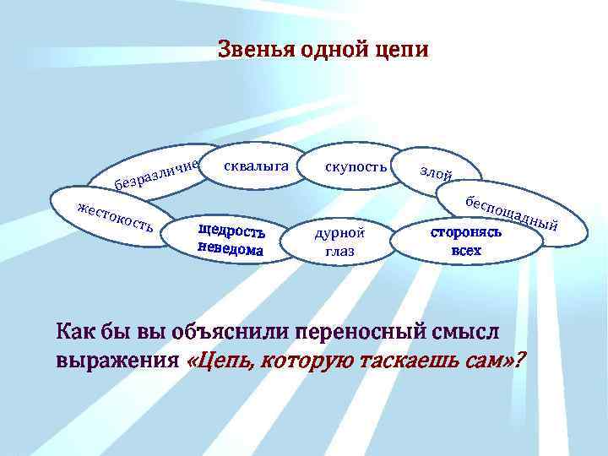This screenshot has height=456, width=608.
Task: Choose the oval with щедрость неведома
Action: (x=231, y=240)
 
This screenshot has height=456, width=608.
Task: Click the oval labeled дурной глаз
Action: (x=339, y=242)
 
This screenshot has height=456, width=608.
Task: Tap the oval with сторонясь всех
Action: (x=478, y=240)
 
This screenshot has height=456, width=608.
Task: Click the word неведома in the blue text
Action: (x=231, y=249)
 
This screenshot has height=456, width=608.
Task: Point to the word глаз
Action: (x=339, y=252)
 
